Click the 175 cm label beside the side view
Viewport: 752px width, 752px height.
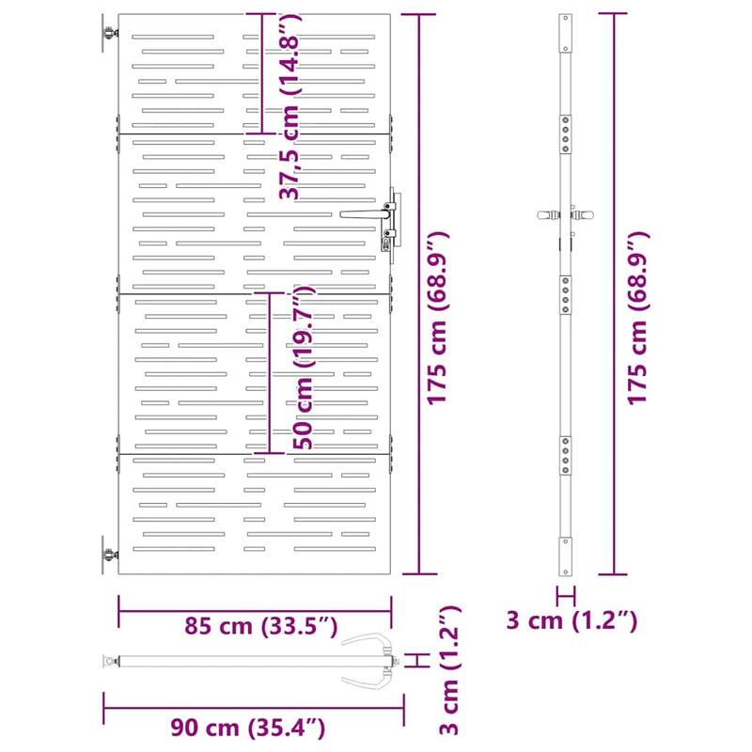tap(639, 318)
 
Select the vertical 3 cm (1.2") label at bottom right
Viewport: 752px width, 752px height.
tap(450, 670)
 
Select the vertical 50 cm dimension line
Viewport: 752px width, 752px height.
tap(270, 373)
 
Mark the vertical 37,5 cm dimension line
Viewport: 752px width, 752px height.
tap(261, 73)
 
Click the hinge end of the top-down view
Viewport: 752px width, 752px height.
tap(111, 662)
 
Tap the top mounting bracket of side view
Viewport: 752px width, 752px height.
tap(565, 33)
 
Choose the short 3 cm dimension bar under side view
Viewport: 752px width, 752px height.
tap(565, 594)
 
